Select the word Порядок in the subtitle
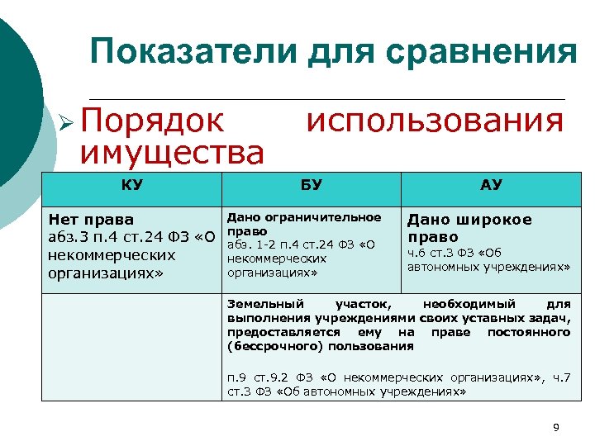(152, 121)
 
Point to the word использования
(435, 121)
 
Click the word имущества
(171, 152)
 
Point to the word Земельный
(265, 304)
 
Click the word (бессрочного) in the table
(268, 345)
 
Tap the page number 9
(555, 427)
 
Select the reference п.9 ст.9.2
(258, 378)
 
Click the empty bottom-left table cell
(132, 347)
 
